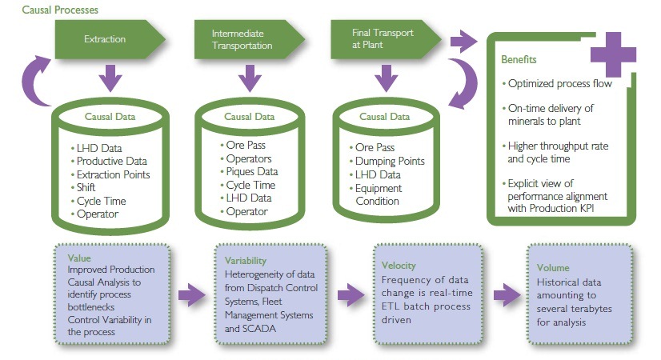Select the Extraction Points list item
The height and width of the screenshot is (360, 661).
113,174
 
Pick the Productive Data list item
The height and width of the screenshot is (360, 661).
111,162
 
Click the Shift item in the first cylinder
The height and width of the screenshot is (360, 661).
88,188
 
